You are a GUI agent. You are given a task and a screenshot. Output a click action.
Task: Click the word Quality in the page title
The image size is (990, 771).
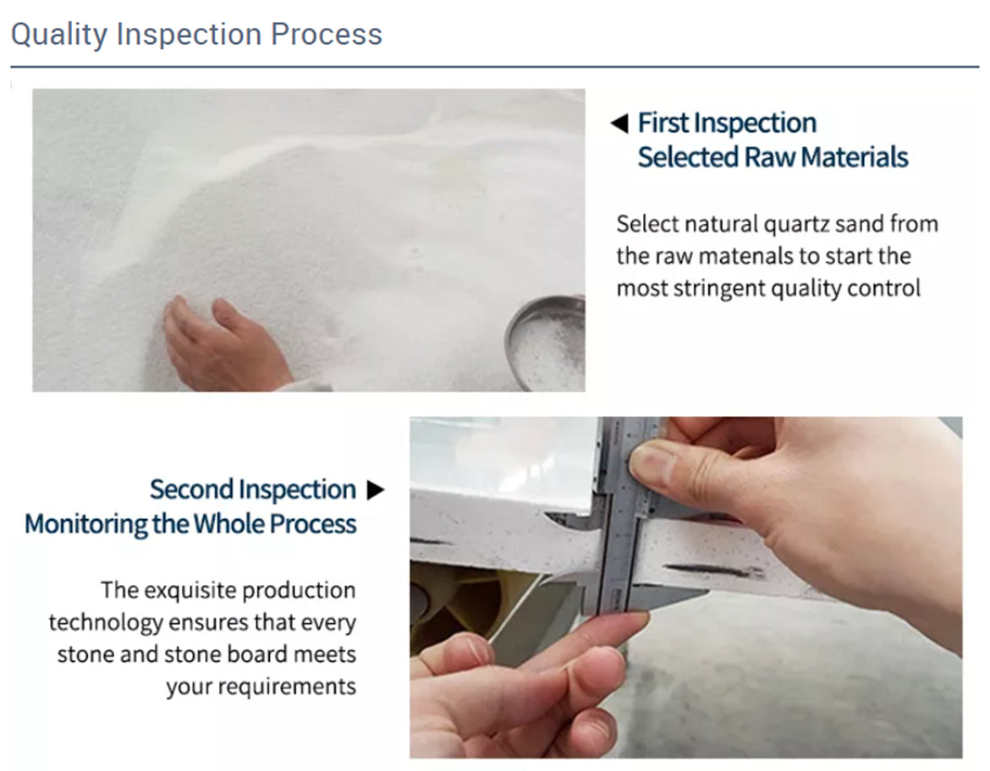(x=59, y=36)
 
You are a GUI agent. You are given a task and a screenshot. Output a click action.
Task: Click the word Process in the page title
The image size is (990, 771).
(x=327, y=34)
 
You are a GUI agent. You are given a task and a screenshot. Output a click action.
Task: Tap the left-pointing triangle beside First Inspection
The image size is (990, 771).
(x=619, y=123)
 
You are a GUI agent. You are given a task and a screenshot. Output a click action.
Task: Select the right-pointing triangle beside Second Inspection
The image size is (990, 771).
(x=376, y=489)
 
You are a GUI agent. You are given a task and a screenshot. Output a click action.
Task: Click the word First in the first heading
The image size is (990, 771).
(x=663, y=123)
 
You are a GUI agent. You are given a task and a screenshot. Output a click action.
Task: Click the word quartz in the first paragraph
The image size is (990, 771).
(x=796, y=225)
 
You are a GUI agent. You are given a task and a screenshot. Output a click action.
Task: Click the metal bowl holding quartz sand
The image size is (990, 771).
(x=546, y=342)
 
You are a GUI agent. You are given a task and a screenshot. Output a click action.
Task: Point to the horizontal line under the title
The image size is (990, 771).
(x=495, y=66)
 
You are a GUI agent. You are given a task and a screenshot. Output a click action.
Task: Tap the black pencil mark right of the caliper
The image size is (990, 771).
(x=712, y=570)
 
